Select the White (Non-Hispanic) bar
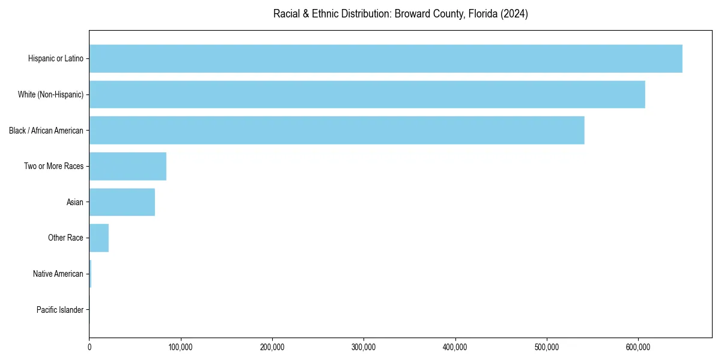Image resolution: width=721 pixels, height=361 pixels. tap(367, 94)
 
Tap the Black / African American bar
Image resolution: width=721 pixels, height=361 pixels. tap(336, 130)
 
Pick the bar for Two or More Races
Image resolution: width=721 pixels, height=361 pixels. tap(128, 166)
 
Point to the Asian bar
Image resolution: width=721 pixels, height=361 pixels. tap(122, 202)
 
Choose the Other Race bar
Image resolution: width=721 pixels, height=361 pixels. tap(99, 238)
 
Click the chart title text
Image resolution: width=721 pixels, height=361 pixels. tap(400, 14)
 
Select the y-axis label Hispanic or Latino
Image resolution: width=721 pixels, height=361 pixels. tap(55, 58)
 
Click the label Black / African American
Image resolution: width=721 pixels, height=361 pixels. tap(46, 131)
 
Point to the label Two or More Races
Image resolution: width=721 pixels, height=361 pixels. tap(53, 166)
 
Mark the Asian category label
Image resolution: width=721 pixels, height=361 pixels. tap(75, 202)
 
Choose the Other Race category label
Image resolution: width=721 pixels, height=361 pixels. tap(65, 238)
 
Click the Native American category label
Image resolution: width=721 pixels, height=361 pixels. tap(58, 274)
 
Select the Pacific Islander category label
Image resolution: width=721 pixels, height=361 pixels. tap(59, 310)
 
